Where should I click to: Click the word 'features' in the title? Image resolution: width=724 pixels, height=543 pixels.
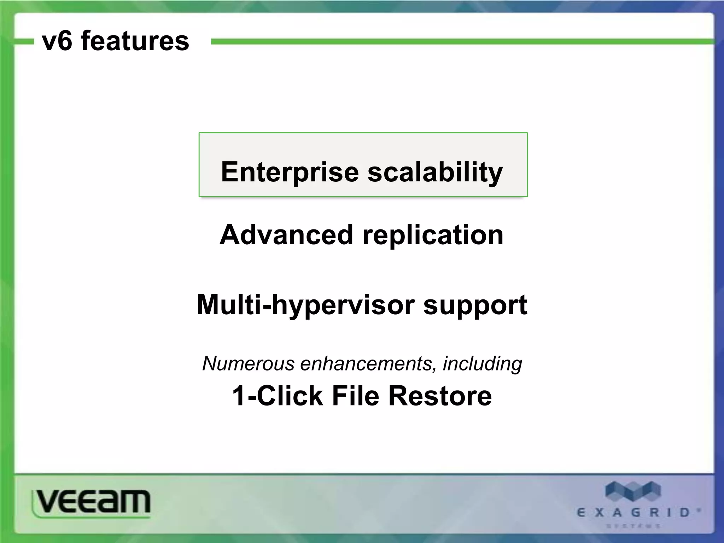[x=135, y=41]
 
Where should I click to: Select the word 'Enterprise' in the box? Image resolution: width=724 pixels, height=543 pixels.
[x=290, y=172]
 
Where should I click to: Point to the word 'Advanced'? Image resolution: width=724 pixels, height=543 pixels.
[x=286, y=235]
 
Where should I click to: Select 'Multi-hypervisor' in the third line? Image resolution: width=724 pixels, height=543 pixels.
[x=305, y=305]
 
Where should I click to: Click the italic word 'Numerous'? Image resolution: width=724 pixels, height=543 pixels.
[x=248, y=363]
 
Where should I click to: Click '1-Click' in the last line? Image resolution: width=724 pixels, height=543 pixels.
[x=277, y=396]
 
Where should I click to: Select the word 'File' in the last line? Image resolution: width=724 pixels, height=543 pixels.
[x=355, y=396]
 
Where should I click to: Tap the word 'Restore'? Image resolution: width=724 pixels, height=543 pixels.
[x=440, y=396]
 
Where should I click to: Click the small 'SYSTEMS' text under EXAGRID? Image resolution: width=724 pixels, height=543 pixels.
[x=633, y=526]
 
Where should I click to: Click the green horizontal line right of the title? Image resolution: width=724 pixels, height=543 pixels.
[x=460, y=42]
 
